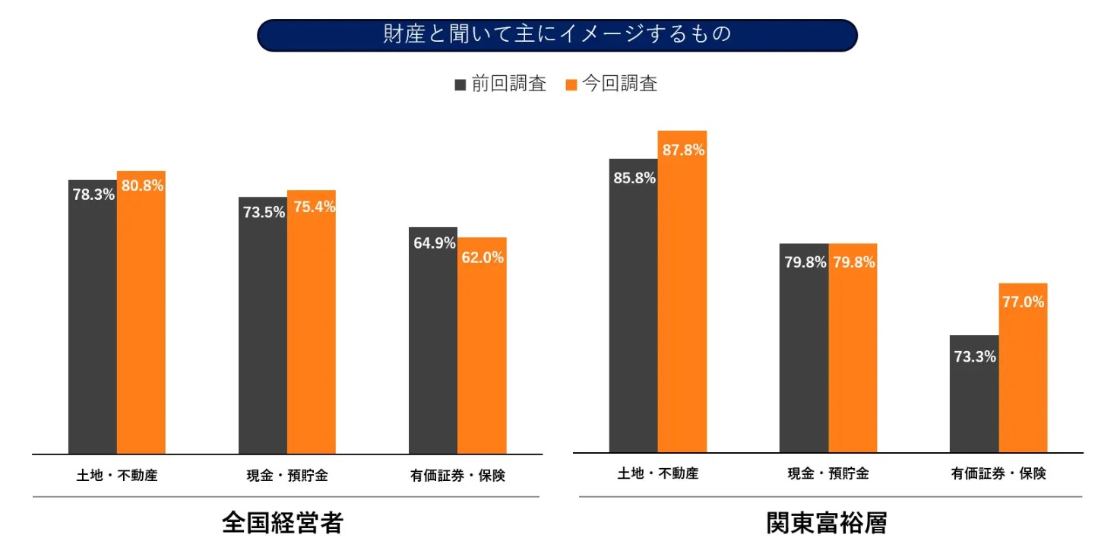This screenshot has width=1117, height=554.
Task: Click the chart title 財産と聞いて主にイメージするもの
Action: click(x=557, y=35)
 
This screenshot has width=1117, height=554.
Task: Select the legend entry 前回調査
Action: click(x=501, y=84)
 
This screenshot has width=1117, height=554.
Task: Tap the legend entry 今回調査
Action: click(x=612, y=84)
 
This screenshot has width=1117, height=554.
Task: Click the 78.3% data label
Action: click(x=93, y=195)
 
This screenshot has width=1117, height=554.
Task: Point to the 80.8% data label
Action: click(x=142, y=185)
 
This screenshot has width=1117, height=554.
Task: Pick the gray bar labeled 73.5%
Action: click(x=263, y=334)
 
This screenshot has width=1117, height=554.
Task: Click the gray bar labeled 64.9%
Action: click(x=433, y=350)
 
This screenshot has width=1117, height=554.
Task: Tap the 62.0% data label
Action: click(x=482, y=258)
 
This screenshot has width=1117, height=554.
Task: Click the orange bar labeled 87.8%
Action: click(x=682, y=304)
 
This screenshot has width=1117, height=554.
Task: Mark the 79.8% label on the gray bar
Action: click(x=805, y=262)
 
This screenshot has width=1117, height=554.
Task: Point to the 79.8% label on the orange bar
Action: click(x=853, y=262)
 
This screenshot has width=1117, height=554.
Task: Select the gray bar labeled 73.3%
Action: click(x=974, y=403)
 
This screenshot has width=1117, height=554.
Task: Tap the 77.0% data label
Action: click(x=1023, y=302)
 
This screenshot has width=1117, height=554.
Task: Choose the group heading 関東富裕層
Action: click(x=827, y=523)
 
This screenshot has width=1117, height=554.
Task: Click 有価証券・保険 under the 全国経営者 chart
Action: click(x=457, y=476)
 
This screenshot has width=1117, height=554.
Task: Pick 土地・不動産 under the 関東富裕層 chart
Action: click(x=658, y=473)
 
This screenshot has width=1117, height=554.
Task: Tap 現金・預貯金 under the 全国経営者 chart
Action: click(x=287, y=476)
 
